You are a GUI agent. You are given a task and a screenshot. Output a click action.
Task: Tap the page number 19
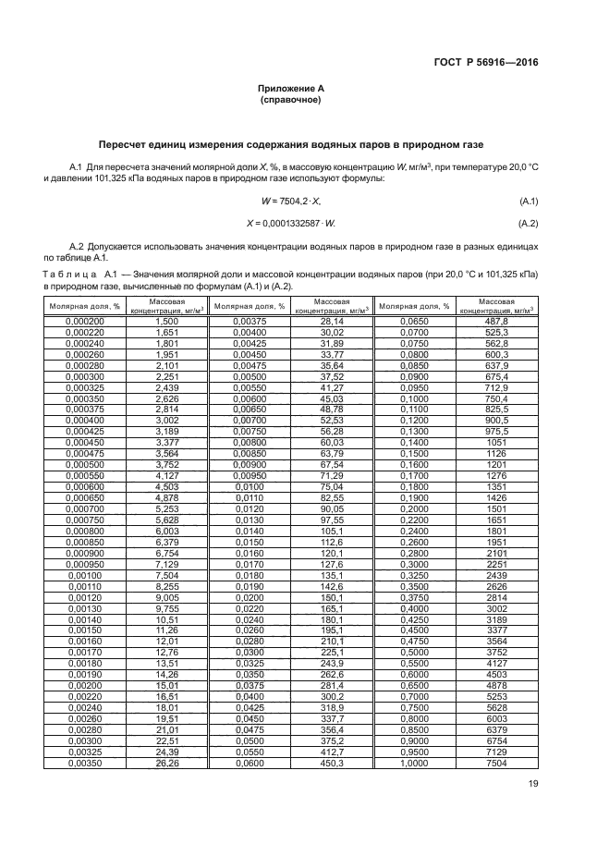tap(533, 784)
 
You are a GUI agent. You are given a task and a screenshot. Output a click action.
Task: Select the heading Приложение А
tap(290, 88)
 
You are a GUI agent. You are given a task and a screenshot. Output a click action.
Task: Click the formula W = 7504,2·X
tap(291, 201)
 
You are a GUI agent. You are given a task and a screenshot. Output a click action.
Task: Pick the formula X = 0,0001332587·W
tap(291, 224)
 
